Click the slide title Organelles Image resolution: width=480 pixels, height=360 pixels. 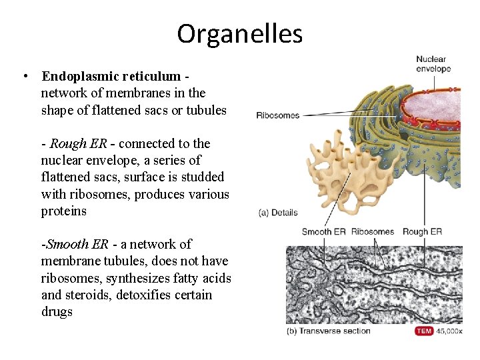point(239,33)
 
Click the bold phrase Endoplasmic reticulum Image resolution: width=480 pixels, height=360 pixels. point(111,76)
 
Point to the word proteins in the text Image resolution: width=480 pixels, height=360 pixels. point(64,211)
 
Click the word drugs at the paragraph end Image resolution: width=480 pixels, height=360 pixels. point(57,311)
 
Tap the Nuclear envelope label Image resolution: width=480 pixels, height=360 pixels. point(433,64)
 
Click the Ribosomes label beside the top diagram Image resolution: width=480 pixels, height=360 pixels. point(277,115)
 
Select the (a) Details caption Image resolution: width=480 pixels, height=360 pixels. point(277,213)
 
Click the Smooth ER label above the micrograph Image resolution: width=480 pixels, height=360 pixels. point(324,232)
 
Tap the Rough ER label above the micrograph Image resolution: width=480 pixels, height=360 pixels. point(422,232)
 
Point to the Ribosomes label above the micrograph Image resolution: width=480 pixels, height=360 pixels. point(372,232)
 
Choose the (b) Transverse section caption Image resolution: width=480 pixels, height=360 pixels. point(328,331)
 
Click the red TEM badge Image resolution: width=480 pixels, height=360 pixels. point(424,331)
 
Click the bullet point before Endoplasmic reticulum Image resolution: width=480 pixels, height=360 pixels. point(24,76)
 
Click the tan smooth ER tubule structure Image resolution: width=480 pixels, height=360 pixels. point(340,167)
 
